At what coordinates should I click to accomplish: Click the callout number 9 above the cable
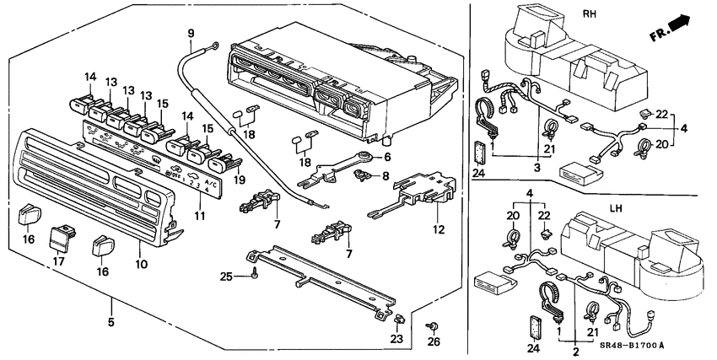point(191,34)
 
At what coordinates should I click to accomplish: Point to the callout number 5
point(111,321)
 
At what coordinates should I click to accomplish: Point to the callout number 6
point(386,157)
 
